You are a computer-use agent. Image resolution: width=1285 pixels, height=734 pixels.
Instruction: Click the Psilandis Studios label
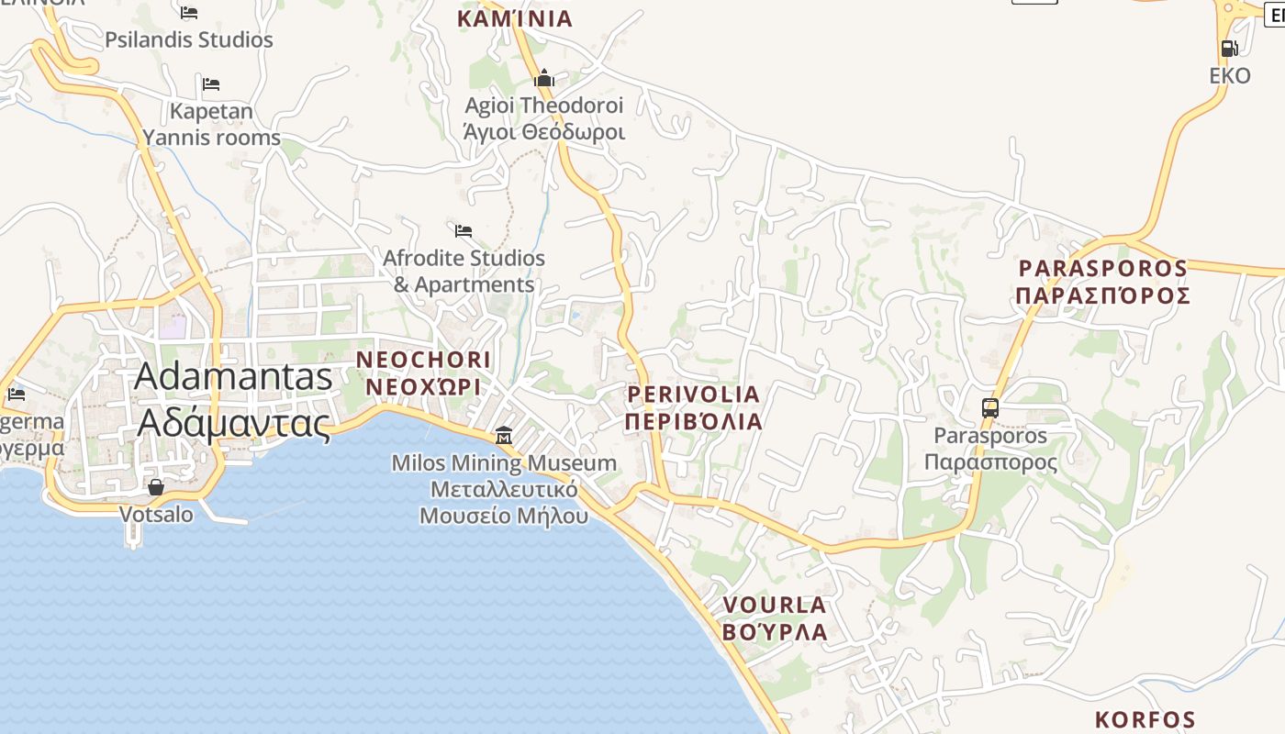[188, 40]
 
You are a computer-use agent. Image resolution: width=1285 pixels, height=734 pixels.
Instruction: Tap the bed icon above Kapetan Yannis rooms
[211, 84]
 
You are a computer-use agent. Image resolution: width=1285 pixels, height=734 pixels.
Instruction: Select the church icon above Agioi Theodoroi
[544, 78]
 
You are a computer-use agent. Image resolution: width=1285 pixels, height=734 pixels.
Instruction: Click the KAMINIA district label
[515, 18]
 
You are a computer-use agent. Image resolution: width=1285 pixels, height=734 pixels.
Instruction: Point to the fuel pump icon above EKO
[1229, 48]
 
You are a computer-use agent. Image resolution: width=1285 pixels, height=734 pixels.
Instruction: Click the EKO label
[1230, 75]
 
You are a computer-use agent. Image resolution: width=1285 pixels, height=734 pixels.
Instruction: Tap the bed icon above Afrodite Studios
[464, 230]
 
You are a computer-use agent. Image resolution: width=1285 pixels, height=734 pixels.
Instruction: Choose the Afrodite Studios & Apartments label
[464, 272]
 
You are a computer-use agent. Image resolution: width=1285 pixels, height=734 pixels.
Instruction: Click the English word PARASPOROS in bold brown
[1103, 269]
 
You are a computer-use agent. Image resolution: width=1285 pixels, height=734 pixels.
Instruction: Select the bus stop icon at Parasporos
[989, 408]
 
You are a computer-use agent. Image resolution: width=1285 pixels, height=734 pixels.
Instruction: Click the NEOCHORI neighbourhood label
[423, 360]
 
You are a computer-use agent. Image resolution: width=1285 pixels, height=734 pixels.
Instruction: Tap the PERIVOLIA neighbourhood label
[694, 395]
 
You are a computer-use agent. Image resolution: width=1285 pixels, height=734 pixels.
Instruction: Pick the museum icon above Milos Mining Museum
[504, 435]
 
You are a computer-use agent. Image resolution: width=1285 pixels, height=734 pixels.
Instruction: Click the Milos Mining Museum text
[504, 463]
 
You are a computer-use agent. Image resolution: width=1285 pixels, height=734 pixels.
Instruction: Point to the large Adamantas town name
[234, 377]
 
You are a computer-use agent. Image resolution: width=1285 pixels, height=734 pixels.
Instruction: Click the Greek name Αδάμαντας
[234, 423]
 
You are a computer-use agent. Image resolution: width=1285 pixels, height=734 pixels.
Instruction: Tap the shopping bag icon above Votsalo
[156, 487]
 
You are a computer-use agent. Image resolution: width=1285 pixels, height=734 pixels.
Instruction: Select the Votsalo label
[156, 514]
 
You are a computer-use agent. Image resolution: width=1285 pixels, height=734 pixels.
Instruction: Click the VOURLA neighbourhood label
[775, 606]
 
